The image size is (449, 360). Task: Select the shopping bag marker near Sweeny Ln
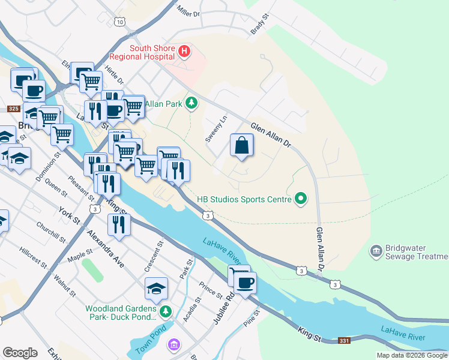click(241, 145)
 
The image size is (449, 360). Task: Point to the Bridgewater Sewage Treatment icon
click(376, 250)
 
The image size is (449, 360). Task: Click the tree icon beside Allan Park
click(191, 104)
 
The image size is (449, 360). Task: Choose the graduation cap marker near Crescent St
click(156, 289)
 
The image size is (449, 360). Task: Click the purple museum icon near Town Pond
click(174, 345)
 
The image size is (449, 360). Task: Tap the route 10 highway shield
click(121, 22)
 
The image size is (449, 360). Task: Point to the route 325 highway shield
click(14, 109)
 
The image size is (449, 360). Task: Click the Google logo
click(20, 353)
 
